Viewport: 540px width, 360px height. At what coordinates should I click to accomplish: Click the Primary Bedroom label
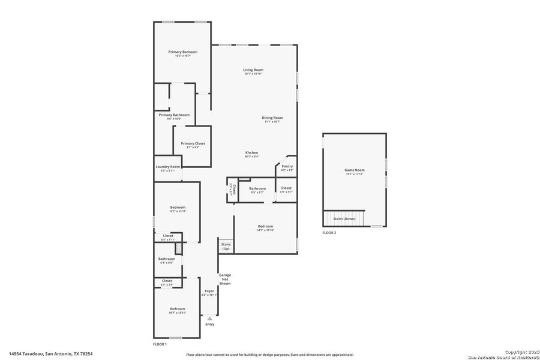pos(182,52)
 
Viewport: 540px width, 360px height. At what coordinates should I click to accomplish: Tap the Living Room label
pos(253,70)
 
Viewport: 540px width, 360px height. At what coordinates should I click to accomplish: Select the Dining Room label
pos(272,118)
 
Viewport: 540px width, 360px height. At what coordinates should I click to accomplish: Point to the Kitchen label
pos(251,153)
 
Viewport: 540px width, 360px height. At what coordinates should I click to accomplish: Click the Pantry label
pos(287,166)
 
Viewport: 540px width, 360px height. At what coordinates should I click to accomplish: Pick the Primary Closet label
pos(193,143)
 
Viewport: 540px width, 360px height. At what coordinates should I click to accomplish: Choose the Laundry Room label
pos(167,167)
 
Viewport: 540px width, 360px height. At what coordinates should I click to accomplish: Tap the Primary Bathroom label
pos(174,115)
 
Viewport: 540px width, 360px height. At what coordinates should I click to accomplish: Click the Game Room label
pos(354,170)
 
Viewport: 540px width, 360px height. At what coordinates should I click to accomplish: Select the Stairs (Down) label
pos(344,219)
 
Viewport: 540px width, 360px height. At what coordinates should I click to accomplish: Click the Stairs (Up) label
pos(226,246)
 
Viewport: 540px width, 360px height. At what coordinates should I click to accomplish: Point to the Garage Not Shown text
pos(225,279)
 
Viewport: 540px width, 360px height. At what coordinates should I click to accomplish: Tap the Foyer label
pos(209,291)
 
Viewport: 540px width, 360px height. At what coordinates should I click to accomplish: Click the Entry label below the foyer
pos(209,325)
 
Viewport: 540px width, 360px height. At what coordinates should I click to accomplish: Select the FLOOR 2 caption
pos(329,233)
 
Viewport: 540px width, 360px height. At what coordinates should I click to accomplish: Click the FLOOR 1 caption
pos(160,345)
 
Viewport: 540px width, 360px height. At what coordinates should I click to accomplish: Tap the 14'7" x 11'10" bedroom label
pos(265,228)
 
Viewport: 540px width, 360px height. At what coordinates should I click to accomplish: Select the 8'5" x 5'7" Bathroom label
pos(257,189)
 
